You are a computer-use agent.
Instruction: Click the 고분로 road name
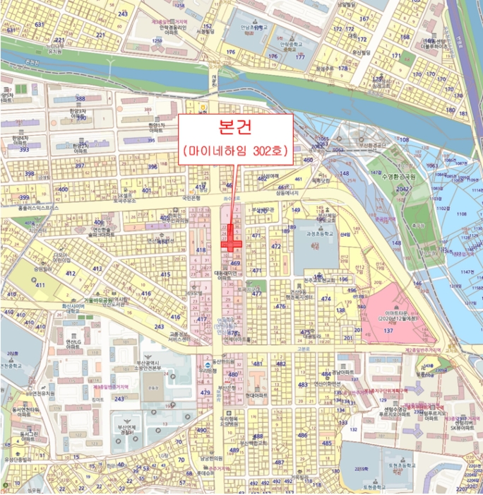pos(304,348)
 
